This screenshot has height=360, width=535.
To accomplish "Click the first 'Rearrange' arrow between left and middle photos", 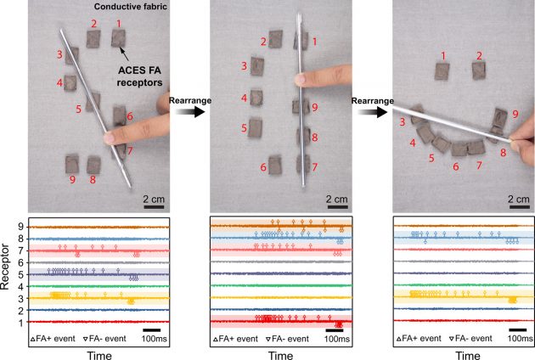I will [185, 108].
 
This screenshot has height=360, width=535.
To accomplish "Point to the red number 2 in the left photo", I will [93, 22].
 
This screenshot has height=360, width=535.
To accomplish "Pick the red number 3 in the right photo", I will [403, 124].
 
